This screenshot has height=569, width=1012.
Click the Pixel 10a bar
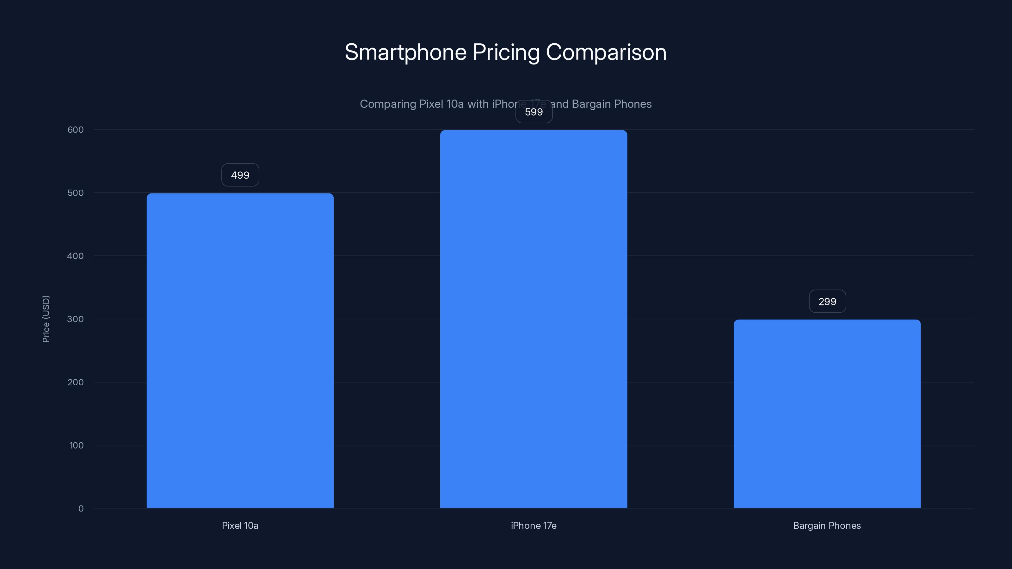240,350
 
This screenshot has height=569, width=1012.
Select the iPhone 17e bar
534,319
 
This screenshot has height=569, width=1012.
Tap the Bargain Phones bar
827,413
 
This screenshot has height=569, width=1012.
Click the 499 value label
240,175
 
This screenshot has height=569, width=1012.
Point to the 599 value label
534,112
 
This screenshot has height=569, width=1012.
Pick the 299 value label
827,302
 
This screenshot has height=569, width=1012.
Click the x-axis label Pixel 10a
240,525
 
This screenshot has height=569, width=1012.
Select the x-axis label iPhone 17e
534,525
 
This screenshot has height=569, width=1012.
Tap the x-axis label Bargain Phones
827,525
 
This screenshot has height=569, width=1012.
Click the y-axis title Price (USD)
46,319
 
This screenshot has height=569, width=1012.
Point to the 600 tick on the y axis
76,130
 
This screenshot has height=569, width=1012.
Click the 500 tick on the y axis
76,193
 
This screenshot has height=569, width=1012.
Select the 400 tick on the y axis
76,256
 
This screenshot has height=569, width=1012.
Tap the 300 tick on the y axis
76,319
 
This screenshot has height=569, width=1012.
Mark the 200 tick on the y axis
76,382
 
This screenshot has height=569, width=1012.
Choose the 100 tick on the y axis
76,445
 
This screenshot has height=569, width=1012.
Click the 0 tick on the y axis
81,509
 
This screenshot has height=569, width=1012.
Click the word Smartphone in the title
405,52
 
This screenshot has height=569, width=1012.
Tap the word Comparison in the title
606,52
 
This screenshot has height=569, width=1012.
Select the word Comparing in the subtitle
388,104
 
